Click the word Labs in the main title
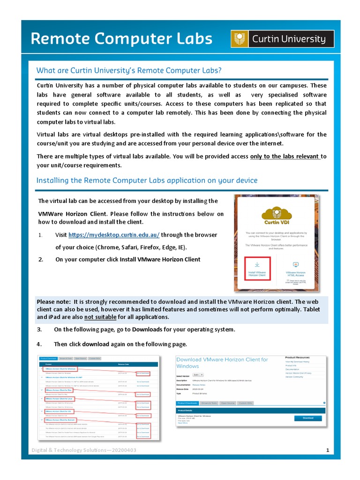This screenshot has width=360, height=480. tap(188, 39)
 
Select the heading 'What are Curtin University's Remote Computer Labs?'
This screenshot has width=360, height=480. tap(129, 70)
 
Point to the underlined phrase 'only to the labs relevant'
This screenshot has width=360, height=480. tap(285, 157)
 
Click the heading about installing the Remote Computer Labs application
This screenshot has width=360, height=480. tap(147, 180)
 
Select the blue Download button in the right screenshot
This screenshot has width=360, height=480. tap(307, 418)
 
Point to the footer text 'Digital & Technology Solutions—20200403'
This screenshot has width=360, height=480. tap(84, 450)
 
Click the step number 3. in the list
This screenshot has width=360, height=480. tap(40, 330)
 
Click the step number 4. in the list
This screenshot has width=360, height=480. tap(40, 344)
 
